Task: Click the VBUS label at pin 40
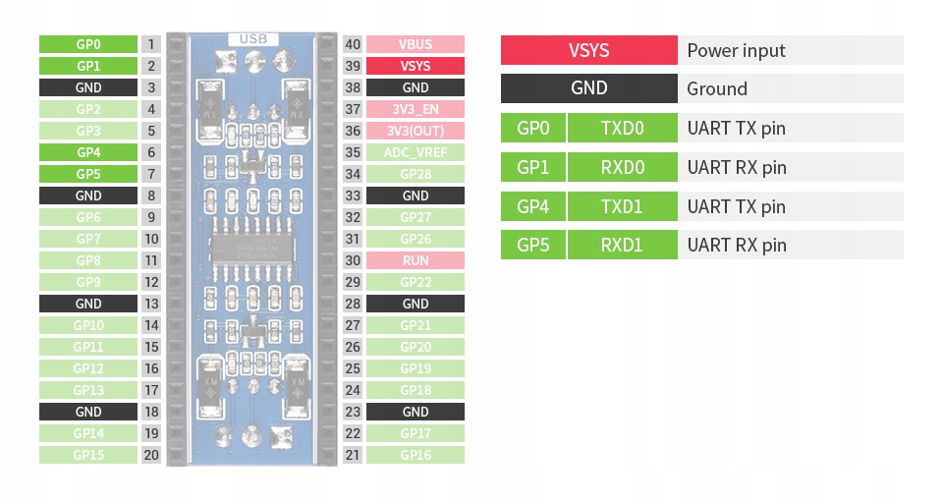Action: [416, 44]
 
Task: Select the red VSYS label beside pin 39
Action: [416, 66]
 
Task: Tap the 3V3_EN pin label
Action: [416, 109]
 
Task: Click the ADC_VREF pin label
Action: [416, 152]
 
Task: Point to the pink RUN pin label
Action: [416, 260]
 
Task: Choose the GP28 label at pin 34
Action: [416, 174]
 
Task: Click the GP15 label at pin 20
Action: [87, 455]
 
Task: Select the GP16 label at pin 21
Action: [416, 455]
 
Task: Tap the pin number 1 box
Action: [150, 44]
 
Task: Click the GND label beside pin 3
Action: [87, 87]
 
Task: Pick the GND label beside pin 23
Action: [416, 412]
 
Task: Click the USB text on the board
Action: [252, 39]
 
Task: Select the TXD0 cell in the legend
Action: [623, 128]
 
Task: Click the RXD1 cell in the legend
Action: [623, 245]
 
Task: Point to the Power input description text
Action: [736, 50]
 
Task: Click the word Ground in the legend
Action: [717, 88]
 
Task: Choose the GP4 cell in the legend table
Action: [532, 206]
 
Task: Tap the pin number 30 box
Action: [354, 260]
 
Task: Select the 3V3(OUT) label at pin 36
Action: [416, 131]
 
